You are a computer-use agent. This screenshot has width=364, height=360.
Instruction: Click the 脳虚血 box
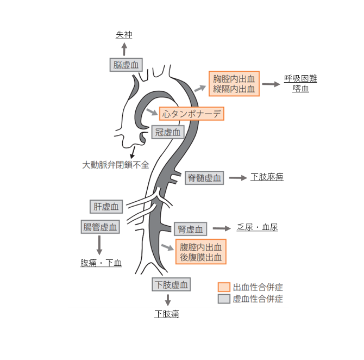pos(125,65)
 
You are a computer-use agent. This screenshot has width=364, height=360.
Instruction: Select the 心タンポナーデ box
pos(191,114)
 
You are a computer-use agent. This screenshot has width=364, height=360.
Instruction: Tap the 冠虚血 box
pos(168,132)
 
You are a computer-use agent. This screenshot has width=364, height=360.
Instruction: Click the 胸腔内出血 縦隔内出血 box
pos(234,84)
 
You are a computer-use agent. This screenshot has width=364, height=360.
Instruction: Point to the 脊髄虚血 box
pos(204,177)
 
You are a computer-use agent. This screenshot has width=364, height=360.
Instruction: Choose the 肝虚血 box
pos(106,206)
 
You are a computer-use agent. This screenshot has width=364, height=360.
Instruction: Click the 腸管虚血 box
pos(100,227)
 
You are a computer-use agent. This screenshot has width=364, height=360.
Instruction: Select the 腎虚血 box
pos(190,229)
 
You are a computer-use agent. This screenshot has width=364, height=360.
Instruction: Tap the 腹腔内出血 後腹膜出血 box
pos(200,252)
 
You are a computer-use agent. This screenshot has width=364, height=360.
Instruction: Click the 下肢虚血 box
pos(171,284)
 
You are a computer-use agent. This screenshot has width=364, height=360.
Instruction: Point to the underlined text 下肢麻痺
pos(267,177)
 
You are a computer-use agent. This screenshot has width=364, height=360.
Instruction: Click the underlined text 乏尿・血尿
pos(258,227)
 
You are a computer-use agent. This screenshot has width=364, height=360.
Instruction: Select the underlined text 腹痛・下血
pos(101,263)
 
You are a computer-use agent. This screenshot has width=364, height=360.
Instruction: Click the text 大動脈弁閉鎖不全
pos(115,164)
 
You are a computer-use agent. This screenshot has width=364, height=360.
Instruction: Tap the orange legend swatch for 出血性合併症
pos(224,287)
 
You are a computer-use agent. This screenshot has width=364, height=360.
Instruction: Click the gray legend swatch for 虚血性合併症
pos(224,299)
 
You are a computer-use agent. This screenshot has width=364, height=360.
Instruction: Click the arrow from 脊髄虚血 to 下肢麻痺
pos(237,178)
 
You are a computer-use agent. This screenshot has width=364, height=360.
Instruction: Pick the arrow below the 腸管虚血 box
pos(99,245)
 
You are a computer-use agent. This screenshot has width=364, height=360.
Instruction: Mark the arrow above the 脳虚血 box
pos(124,49)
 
